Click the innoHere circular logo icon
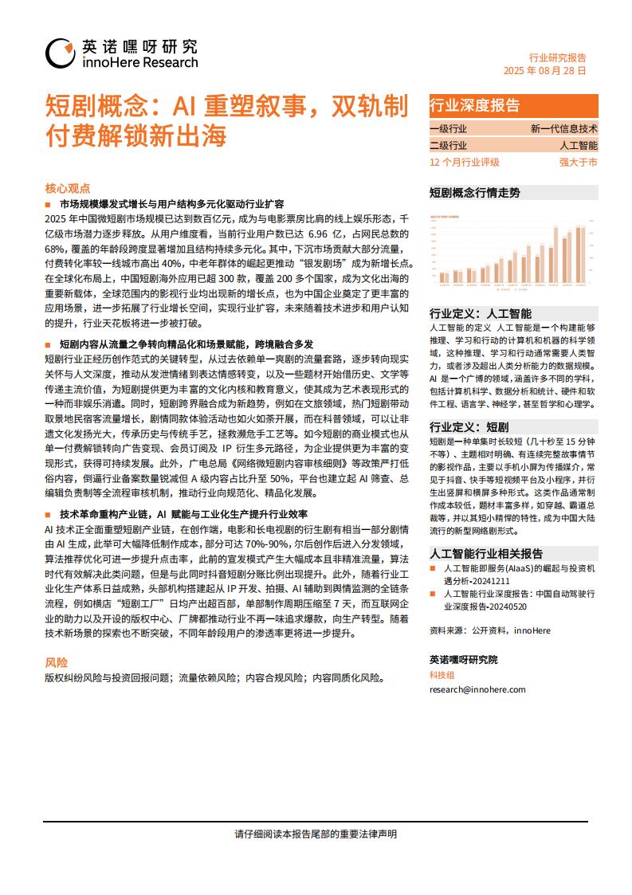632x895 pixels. (61, 53)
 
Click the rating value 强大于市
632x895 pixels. (578, 162)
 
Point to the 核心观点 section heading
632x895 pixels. (68, 188)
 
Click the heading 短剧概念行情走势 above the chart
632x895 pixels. (474, 193)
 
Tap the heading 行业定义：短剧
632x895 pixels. (469, 426)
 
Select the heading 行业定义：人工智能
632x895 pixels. (480, 313)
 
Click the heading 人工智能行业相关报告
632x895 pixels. (486, 553)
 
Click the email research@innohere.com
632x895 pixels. (477, 689)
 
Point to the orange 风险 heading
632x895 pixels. (57, 663)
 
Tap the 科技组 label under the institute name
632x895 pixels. (442, 675)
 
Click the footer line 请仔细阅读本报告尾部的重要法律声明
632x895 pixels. (316, 834)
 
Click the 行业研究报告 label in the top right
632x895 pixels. (558, 57)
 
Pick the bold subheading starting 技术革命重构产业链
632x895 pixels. (188, 515)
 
